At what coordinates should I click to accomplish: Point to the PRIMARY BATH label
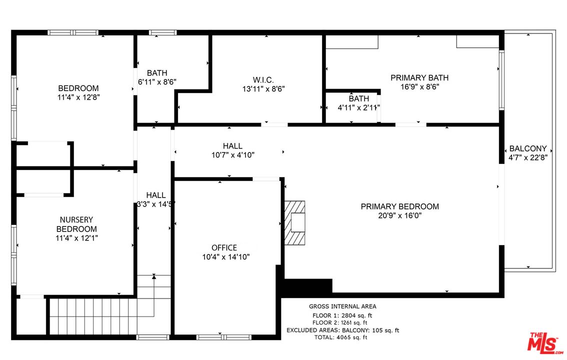click(419, 77)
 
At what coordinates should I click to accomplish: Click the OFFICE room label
click(224, 247)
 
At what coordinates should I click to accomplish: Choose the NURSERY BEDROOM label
click(76, 224)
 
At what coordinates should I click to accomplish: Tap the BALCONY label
click(527, 148)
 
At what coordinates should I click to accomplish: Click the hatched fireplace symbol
click(294, 222)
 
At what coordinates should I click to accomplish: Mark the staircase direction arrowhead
click(154, 276)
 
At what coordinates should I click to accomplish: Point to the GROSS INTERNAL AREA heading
click(342, 306)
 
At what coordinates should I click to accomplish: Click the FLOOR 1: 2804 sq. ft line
click(342, 315)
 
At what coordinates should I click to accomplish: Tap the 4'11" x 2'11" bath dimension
click(359, 107)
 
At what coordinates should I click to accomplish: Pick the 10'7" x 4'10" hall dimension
click(233, 155)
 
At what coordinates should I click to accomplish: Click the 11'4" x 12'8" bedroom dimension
click(78, 97)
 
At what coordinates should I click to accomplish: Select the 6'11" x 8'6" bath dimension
click(157, 81)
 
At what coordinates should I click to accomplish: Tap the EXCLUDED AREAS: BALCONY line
click(342, 330)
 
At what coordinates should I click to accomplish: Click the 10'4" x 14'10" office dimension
click(224, 257)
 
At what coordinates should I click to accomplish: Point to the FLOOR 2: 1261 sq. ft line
click(342, 323)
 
